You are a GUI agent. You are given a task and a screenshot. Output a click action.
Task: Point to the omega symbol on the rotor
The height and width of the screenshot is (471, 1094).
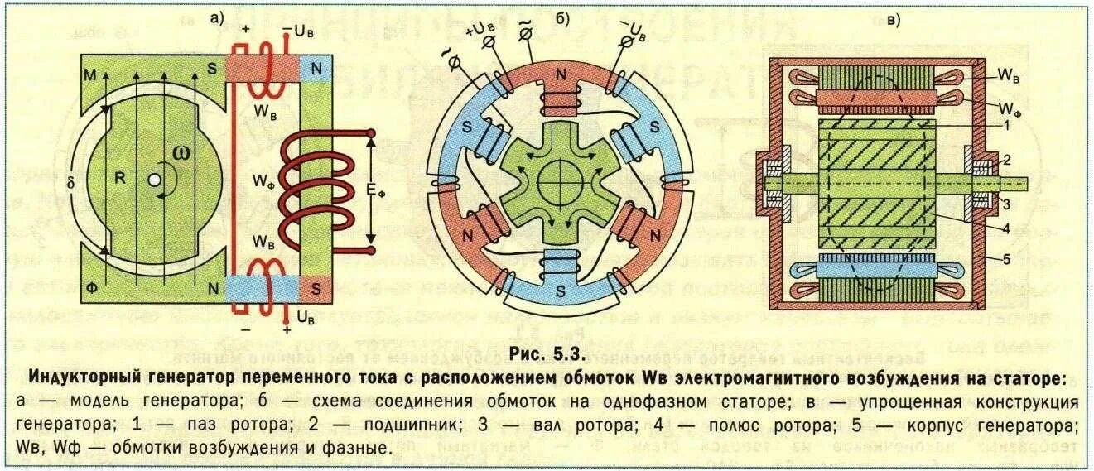pyautogui.click(x=181, y=155)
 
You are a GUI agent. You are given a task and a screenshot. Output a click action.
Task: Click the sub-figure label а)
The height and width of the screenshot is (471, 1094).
pyautogui.click(x=219, y=18)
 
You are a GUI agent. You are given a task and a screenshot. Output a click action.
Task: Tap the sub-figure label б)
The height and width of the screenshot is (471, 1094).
pyautogui.click(x=561, y=18)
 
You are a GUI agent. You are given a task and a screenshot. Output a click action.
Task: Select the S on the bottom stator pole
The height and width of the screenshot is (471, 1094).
pyautogui.click(x=561, y=291)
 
